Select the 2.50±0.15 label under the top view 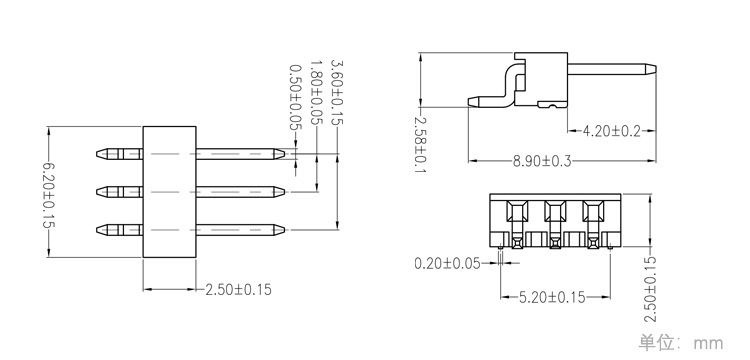(x=238, y=289)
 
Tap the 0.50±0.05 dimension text (x=296, y=98)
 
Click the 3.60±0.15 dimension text (x=337, y=92)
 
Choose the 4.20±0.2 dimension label (x=611, y=131)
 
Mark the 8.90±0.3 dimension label (x=542, y=161)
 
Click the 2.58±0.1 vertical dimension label (x=420, y=145)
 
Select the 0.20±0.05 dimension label (x=447, y=263)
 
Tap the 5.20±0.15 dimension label (x=552, y=298)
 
